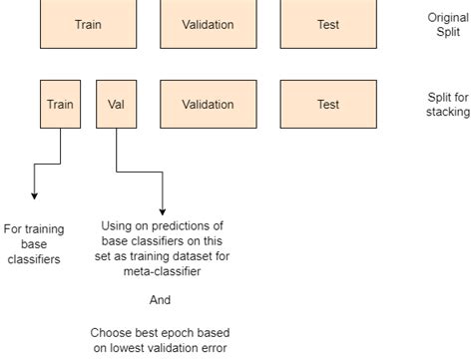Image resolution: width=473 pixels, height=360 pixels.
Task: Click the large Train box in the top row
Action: tap(88, 24)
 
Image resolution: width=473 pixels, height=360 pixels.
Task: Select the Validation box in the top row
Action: tap(208, 24)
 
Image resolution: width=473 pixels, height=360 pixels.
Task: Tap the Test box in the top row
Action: tap(328, 24)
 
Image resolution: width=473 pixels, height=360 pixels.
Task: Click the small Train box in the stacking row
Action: tap(61, 104)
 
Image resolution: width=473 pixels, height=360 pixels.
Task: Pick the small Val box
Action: tap(117, 104)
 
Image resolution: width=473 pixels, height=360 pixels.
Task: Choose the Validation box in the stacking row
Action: tap(208, 104)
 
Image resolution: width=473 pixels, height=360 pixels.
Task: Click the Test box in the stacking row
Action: tap(328, 104)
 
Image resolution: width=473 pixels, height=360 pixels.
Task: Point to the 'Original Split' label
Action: tap(445, 25)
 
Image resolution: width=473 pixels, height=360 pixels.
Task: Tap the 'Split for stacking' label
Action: tap(445, 105)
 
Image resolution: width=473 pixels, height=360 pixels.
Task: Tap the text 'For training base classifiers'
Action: tap(32, 242)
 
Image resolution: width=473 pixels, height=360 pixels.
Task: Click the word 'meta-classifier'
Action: tap(165, 270)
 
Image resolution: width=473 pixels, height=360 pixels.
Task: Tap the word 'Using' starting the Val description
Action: tap(118, 225)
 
